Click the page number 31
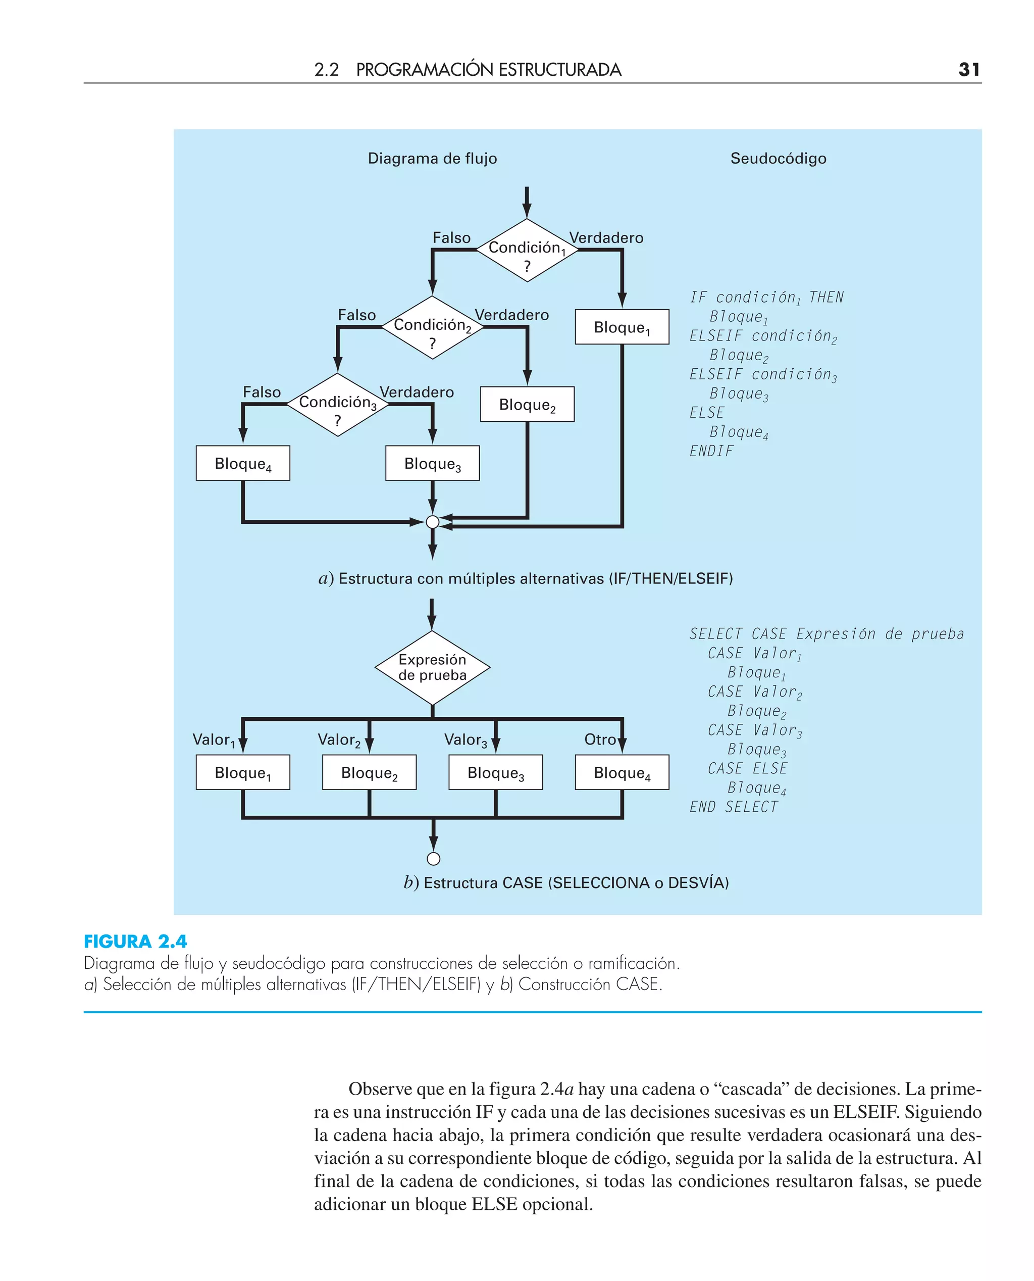[x=968, y=70]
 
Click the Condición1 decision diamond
[x=527, y=250]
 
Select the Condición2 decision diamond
[x=432, y=328]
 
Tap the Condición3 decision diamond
[x=338, y=405]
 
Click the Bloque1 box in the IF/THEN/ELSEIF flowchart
[x=622, y=327]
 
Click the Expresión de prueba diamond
[x=432, y=667]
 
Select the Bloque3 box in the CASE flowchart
[x=496, y=773]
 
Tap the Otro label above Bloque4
[x=599, y=740]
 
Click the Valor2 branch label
[x=339, y=740]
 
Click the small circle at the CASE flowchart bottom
[x=434, y=859]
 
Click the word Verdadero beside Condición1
[x=606, y=238]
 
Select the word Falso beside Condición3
[x=262, y=392]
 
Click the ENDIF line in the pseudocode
[x=711, y=451]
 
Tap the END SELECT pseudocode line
[x=734, y=807]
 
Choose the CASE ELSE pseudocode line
[x=748, y=769]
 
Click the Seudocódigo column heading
[x=778, y=159]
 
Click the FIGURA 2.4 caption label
[x=135, y=942]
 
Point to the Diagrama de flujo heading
[x=432, y=159]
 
